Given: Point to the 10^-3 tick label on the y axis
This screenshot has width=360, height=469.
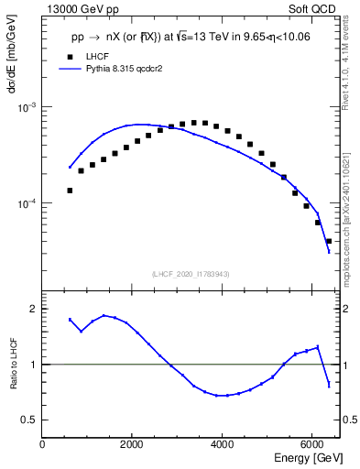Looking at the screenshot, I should coord(28,107).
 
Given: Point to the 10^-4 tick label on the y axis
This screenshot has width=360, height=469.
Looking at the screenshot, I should coord(28,203).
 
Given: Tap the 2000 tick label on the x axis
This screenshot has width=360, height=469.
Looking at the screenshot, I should coord(133,443).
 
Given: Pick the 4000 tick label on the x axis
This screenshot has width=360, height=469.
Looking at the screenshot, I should coord(223,443).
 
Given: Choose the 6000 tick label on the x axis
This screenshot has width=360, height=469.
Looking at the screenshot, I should coord(312,443).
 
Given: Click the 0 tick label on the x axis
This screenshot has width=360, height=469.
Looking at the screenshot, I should coord(43,443).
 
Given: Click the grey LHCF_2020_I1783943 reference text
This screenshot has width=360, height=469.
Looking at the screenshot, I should coord(191,274).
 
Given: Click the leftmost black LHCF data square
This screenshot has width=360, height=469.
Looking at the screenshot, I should coord(70,191).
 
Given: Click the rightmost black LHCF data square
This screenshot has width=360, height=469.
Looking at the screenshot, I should coord(328,241).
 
